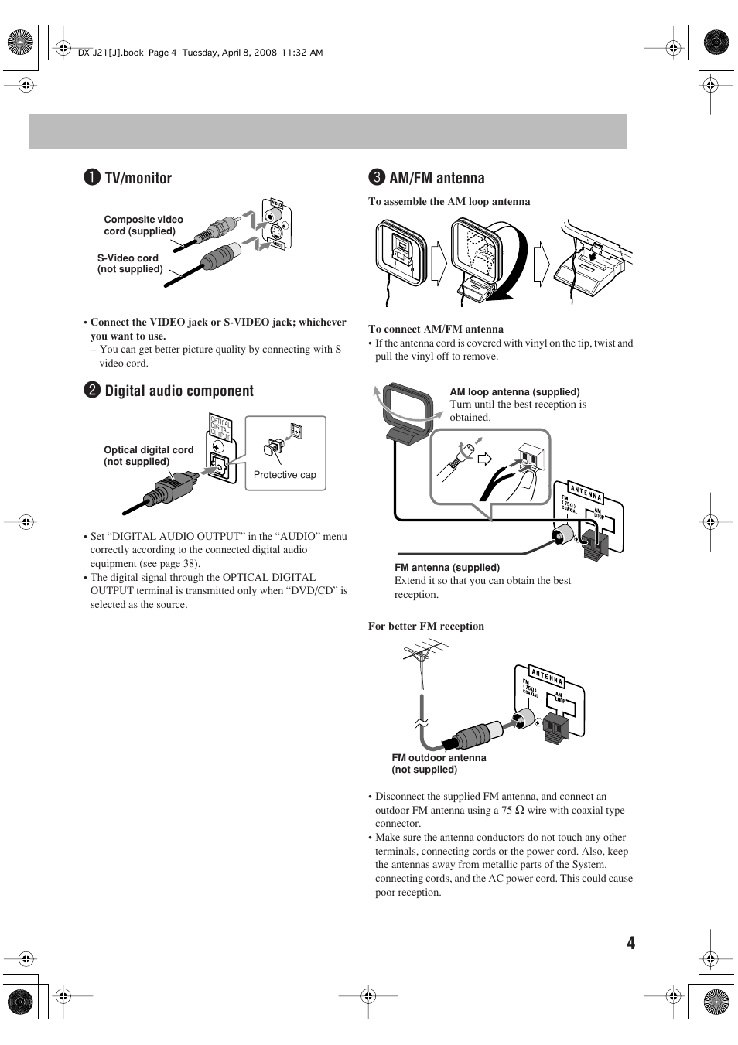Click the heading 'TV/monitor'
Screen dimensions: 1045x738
pyautogui.click(x=138, y=178)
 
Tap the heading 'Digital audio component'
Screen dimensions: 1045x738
pyautogui.click(x=179, y=391)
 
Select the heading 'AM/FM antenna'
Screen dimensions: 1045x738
pyautogui.click(x=436, y=178)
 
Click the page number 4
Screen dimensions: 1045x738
pyautogui.click(x=630, y=942)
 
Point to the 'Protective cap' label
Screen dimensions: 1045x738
pyautogui.click(x=285, y=475)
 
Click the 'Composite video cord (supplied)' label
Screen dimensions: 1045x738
pyautogui.click(x=143, y=225)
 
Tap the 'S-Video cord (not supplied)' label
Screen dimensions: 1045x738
pyautogui.click(x=129, y=264)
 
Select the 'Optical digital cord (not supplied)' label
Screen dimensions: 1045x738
pyautogui.click(x=149, y=456)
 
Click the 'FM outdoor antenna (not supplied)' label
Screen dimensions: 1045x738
pyautogui.click(x=439, y=763)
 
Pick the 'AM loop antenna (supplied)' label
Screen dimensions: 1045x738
pyautogui.click(x=514, y=391)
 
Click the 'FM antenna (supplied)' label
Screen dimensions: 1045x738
pyautogui.click(x=447, y=567)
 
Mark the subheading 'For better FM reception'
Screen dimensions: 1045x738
pyautogui.click(x=425, y=626)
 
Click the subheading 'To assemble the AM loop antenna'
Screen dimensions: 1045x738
pyautogui.click(x=449, y=201)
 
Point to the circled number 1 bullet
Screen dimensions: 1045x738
pyautogui.click(x=91, y=178)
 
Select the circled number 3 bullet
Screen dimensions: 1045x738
pyautogui.click(x=376, y=178)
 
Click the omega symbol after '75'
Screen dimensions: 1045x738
pyautogui.click(x=520, y=810)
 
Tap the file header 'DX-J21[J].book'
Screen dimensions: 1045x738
pyautogui.click(x=111, y=53)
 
